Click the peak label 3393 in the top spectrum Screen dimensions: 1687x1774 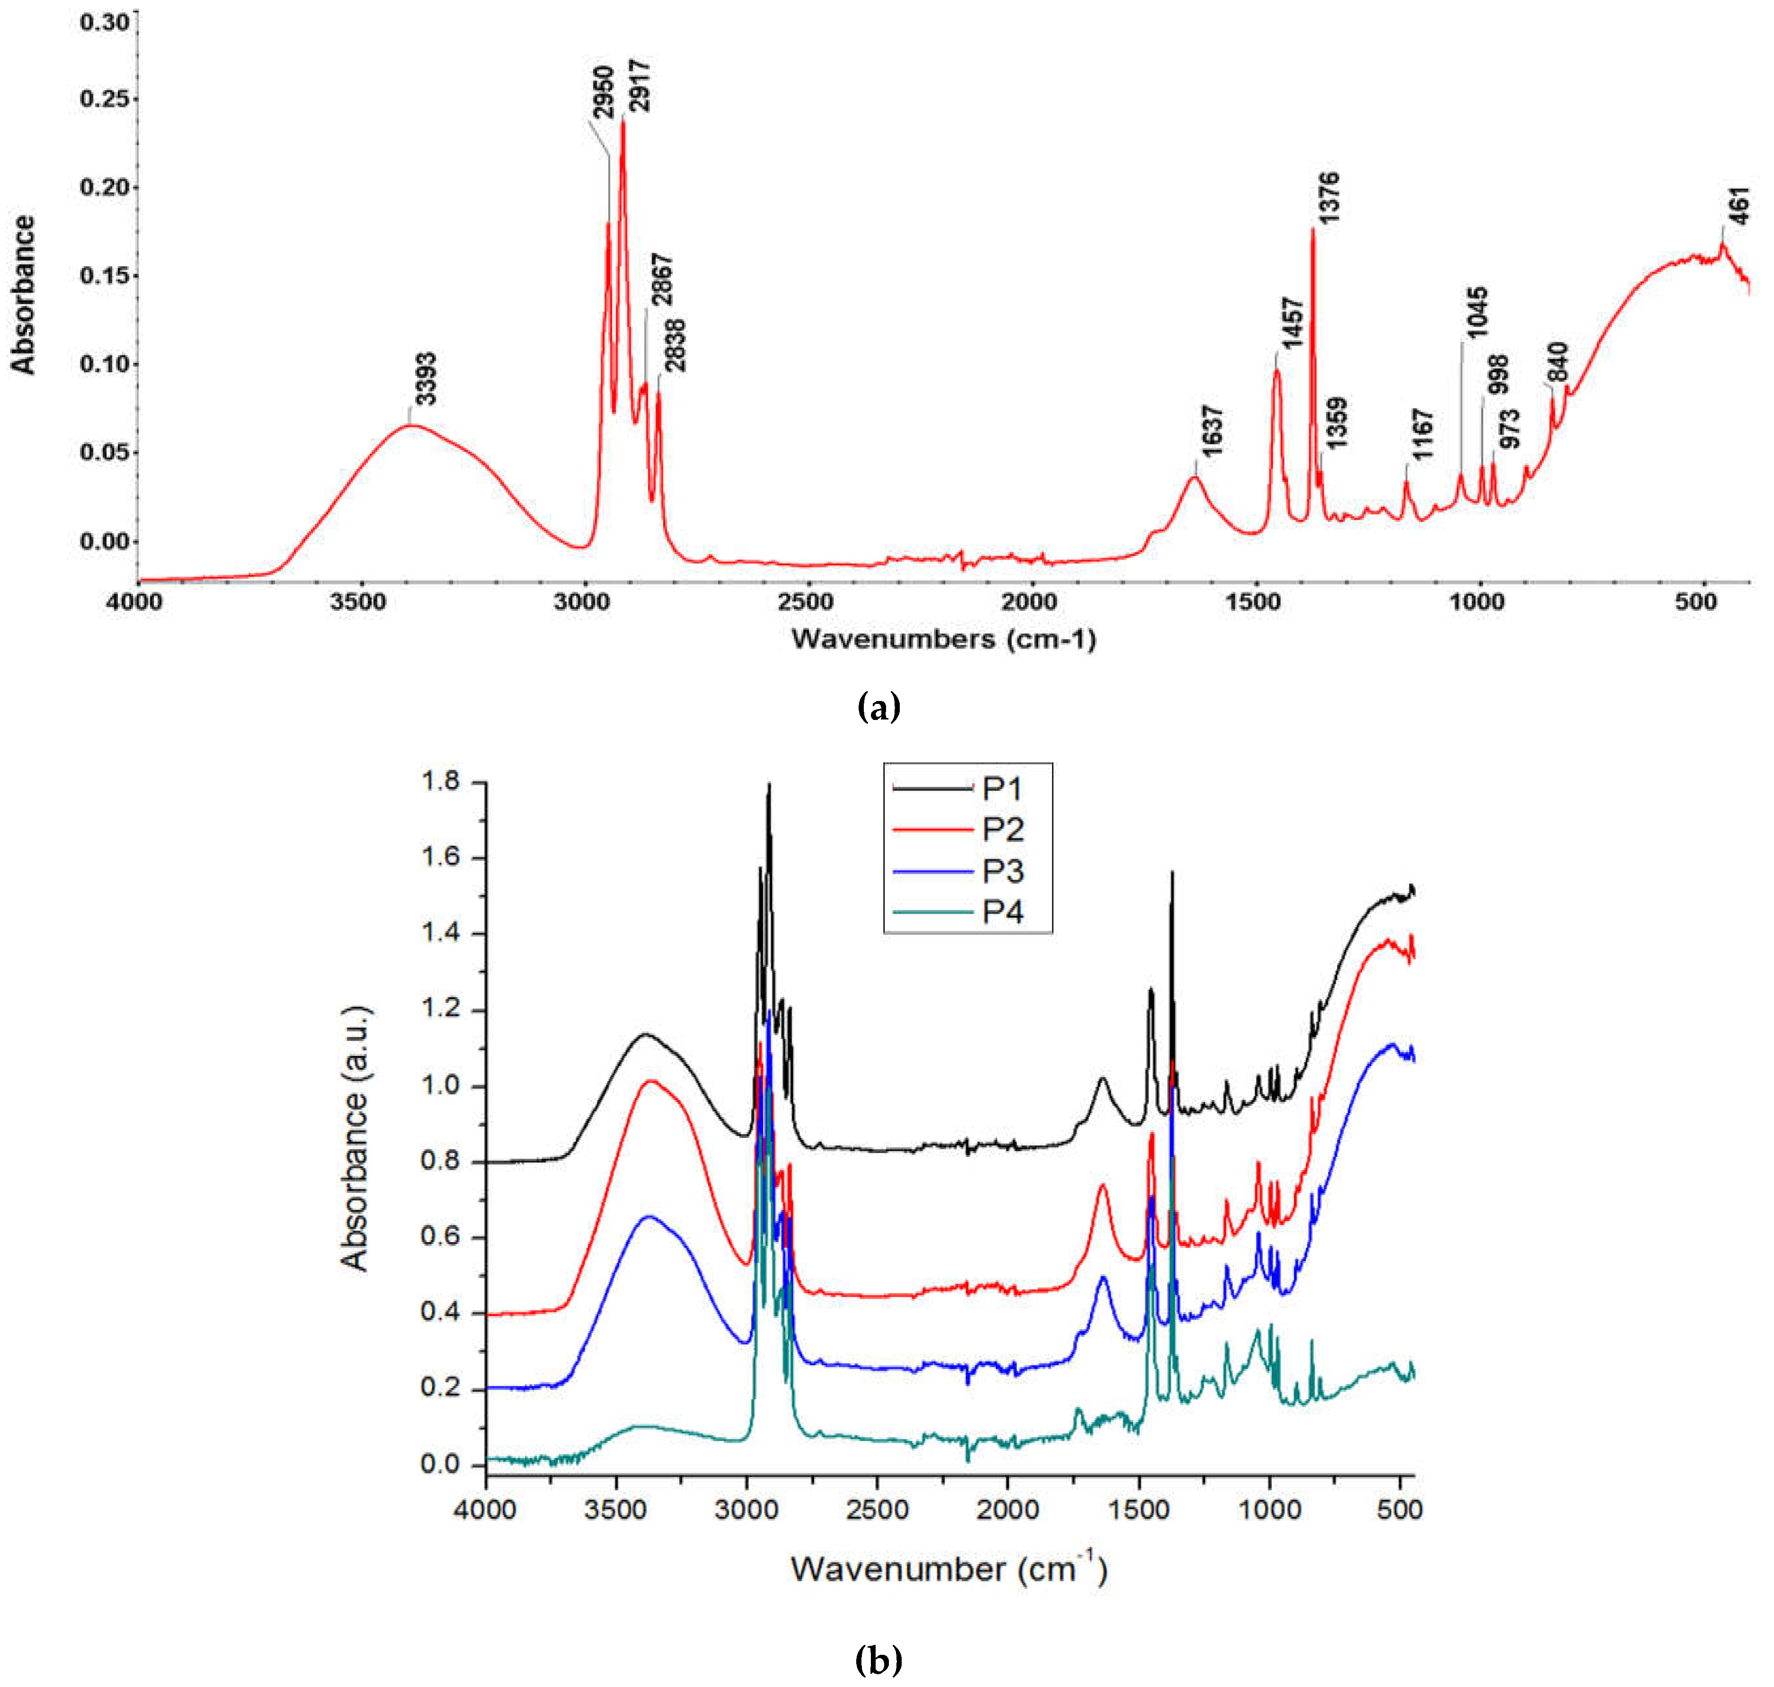tap(426, 379)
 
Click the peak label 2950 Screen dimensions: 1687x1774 tap(603, 92)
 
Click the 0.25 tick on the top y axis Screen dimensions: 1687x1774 tap(104, 99)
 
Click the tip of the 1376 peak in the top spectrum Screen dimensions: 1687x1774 tap(1313, 229)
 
